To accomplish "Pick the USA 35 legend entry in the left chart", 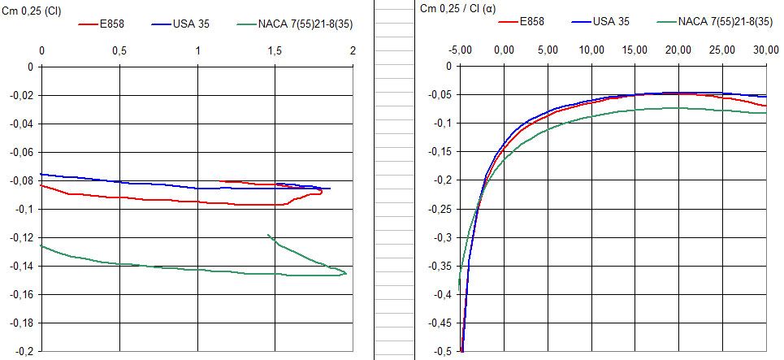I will (x=192, y=24).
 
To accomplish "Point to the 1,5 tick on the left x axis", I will (x=275, y=50).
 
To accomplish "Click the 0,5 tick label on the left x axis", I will (x=119, y=50).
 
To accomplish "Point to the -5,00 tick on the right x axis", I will (x=460, y=50).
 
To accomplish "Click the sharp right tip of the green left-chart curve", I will (x=346, y=273).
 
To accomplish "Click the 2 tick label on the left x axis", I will (x=353, y=50).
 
